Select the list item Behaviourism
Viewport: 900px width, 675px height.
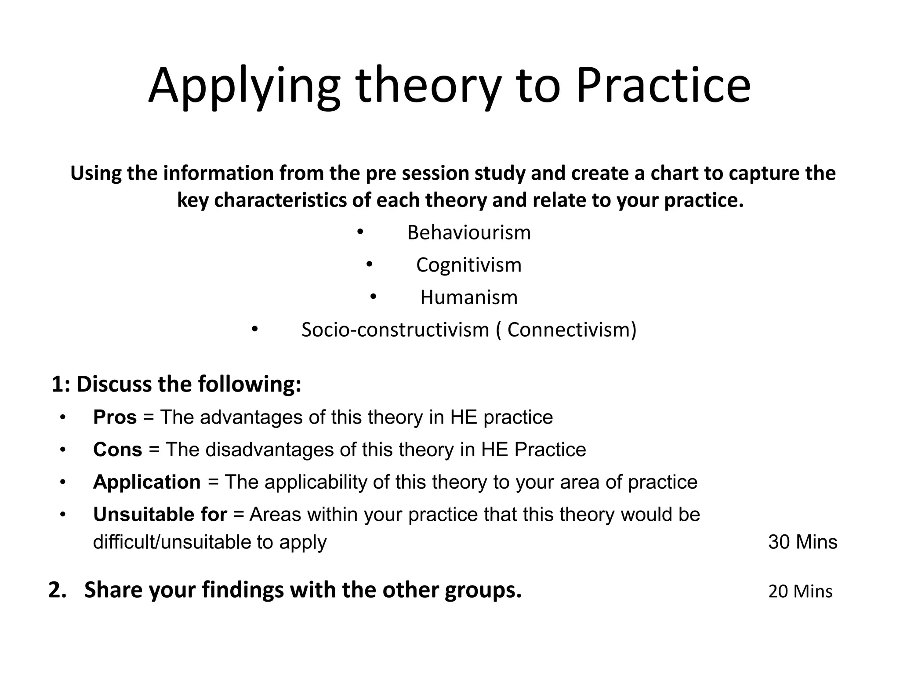coord(469,232)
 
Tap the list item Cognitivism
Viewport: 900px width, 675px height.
coord(469,265)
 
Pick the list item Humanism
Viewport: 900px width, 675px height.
coord(469,298)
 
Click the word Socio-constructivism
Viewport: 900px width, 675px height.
coord(395,330)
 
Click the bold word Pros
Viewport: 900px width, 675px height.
coord(115,417)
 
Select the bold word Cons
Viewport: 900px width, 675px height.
coord(117,450)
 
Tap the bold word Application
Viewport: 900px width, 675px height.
coord(147,482)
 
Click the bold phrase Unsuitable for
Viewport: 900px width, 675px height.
coord(160,514)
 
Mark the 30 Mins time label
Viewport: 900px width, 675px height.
coord(802,542)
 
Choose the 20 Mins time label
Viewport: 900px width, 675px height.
coord(800,592)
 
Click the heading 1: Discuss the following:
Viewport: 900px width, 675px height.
coord(176,384)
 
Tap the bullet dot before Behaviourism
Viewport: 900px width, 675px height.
coord(360,232)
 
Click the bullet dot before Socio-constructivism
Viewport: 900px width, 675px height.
coord(254,329)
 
